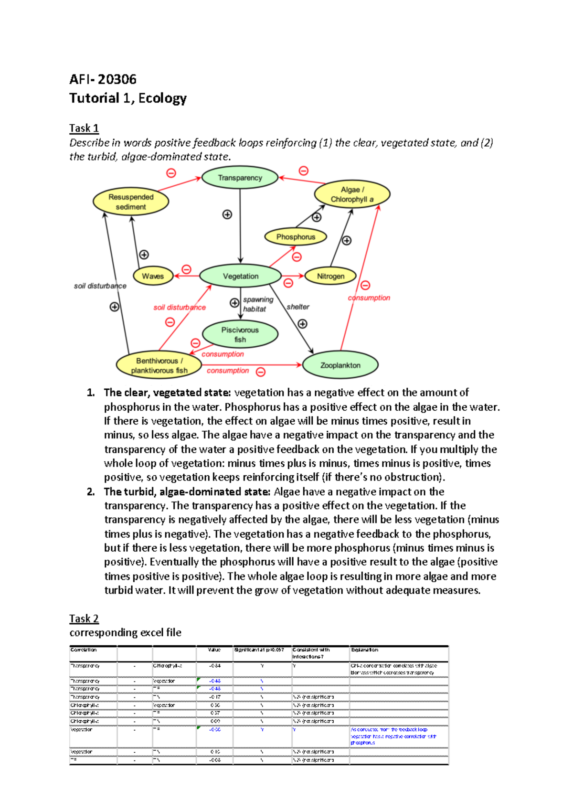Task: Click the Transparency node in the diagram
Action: pyautogui.click(x=240, y=178)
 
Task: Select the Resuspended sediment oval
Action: pyautogui.click(x=131, y=202)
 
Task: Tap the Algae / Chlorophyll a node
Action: pyautogui.click(x=352, y=194)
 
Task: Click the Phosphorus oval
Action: pyautogui.click(x=296, y=237)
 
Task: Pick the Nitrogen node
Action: pyautogui.click(x=330, y=276)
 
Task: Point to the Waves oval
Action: pyautogui.click(x=152, y=276)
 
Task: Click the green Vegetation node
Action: pyautogui.click(x=240, y=276)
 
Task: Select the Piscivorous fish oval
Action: pyautogui.click(x=240, y=334)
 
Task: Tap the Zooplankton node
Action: pyautogui.click(x=340, y=365)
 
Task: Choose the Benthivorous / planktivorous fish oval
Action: pyautogui.click(x=159, y=365)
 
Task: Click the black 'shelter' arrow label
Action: pyautogui.click(x=298, y=307)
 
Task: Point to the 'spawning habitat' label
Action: pyautogui.click(x=257, y=304)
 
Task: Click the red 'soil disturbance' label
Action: pyautogui.click(x=180, y=308)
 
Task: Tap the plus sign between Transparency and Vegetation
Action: pyautogui.click(x=227, y=214)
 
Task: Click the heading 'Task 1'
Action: pyautogui.click(x=84, y=128)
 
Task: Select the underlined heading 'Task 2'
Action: pyautogui.click(x=84, y=619)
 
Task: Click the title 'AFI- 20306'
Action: pyautogui.click(x=103, y=79)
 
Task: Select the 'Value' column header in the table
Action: pyautogui.click(x=214, y=650)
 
